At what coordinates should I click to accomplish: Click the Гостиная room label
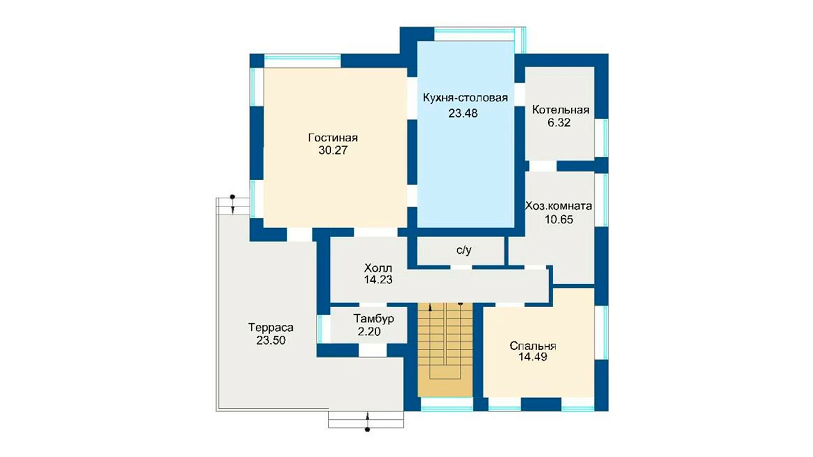333,138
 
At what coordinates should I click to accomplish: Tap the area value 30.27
333,150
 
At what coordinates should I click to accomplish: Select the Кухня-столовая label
465,98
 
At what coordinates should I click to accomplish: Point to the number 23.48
463,114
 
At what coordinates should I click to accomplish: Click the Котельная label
560,110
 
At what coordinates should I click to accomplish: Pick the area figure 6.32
559,122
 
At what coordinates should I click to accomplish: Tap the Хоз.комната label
558,206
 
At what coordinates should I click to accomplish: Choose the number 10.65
559,219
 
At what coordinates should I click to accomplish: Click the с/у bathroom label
464,250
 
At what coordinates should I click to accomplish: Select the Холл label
378,269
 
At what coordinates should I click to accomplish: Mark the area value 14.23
378,280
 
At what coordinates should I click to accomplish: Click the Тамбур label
374,319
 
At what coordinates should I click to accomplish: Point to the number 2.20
369,331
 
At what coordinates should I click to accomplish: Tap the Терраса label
271,328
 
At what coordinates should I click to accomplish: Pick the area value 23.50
271,340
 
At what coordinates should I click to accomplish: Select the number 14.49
533,357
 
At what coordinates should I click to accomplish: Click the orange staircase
445,350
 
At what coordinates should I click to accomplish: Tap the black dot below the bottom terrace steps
367,430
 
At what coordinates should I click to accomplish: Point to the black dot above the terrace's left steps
233,197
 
